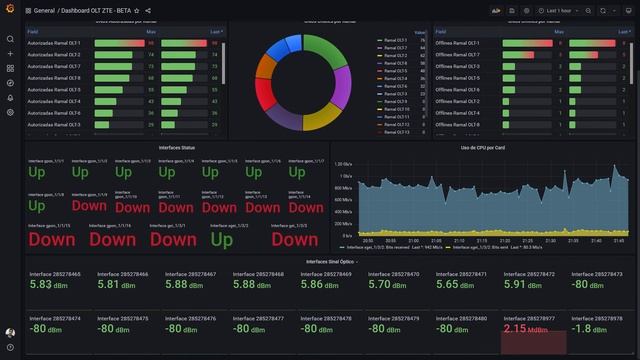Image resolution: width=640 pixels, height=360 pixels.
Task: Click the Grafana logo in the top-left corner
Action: (x=10, y=10)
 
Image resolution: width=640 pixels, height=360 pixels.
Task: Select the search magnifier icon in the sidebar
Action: (x=10, y=39)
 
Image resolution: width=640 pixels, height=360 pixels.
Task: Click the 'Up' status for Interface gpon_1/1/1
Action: (x=37, y=172)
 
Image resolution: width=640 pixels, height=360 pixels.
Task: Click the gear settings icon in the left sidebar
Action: (x=10, y=112)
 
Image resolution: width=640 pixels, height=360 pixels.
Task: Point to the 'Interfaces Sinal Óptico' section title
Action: (x=330, y=262)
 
